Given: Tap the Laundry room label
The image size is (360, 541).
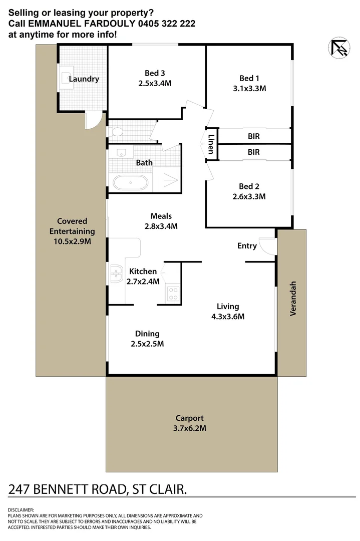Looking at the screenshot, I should point(84,79).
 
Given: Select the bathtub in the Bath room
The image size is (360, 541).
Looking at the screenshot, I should point(130,183).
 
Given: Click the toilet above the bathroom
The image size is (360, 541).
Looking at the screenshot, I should point(117,132).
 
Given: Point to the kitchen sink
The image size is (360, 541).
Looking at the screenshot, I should point(117,274).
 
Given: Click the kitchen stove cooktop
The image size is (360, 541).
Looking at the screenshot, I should point(174,293).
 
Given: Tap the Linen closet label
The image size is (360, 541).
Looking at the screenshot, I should point(211,144).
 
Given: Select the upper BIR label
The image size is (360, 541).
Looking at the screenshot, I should point(254,136).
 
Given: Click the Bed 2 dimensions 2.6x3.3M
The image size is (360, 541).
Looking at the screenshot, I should point(249,197).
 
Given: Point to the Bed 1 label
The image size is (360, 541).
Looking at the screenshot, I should point(249,78).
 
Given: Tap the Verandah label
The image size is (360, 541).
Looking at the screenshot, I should point(293,299).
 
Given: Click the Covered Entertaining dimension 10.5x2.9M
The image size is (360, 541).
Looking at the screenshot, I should point(72,241).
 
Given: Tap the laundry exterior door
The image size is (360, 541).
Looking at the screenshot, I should point(93,121).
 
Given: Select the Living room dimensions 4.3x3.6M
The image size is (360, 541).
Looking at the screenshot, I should point(227,316).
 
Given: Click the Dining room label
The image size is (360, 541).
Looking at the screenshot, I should point(147,334).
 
